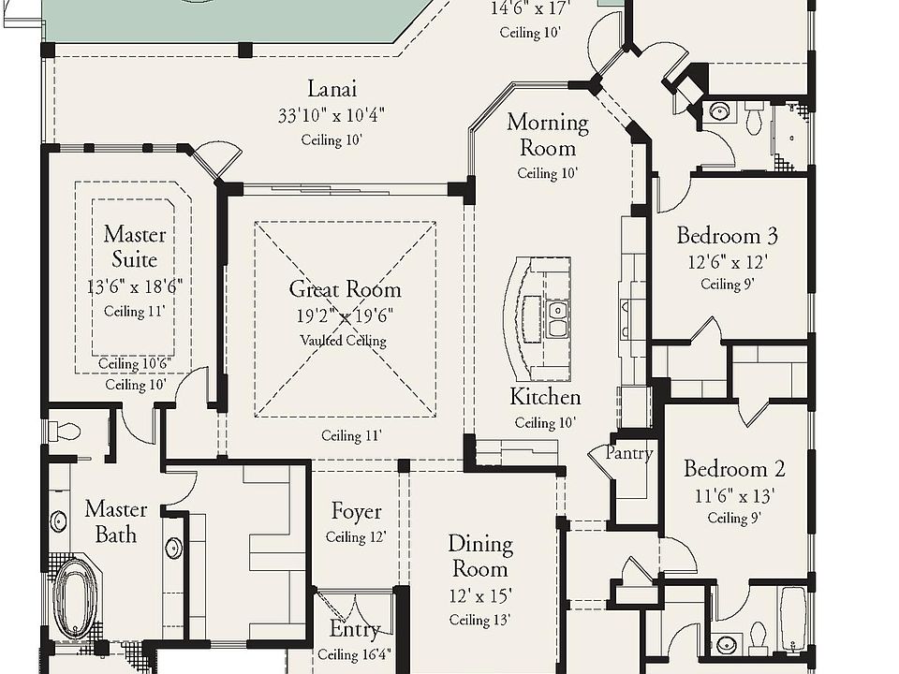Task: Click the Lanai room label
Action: click(332, 89)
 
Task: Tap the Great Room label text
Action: click(346, 289)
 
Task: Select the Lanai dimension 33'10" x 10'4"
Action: click(332, 115)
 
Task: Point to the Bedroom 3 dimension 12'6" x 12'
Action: click(728, 262)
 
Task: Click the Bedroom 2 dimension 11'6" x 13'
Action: click(734, 495)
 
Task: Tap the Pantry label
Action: click(629, 453)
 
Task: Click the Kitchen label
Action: click(545, 397)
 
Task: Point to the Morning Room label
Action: click(548, 135)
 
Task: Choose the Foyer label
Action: click(356, 511)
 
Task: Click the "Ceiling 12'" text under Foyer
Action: click(356, 537)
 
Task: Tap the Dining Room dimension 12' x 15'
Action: click(479, 596)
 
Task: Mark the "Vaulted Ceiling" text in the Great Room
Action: click(344, 341)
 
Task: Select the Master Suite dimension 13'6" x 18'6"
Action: click(135, 286)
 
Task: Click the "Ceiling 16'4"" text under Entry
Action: click(354, 654)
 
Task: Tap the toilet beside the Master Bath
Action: click(65, 431)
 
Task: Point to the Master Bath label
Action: click(116, 521)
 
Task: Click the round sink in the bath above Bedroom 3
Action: click(719, 111)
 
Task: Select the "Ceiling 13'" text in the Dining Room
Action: click(479, 620)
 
